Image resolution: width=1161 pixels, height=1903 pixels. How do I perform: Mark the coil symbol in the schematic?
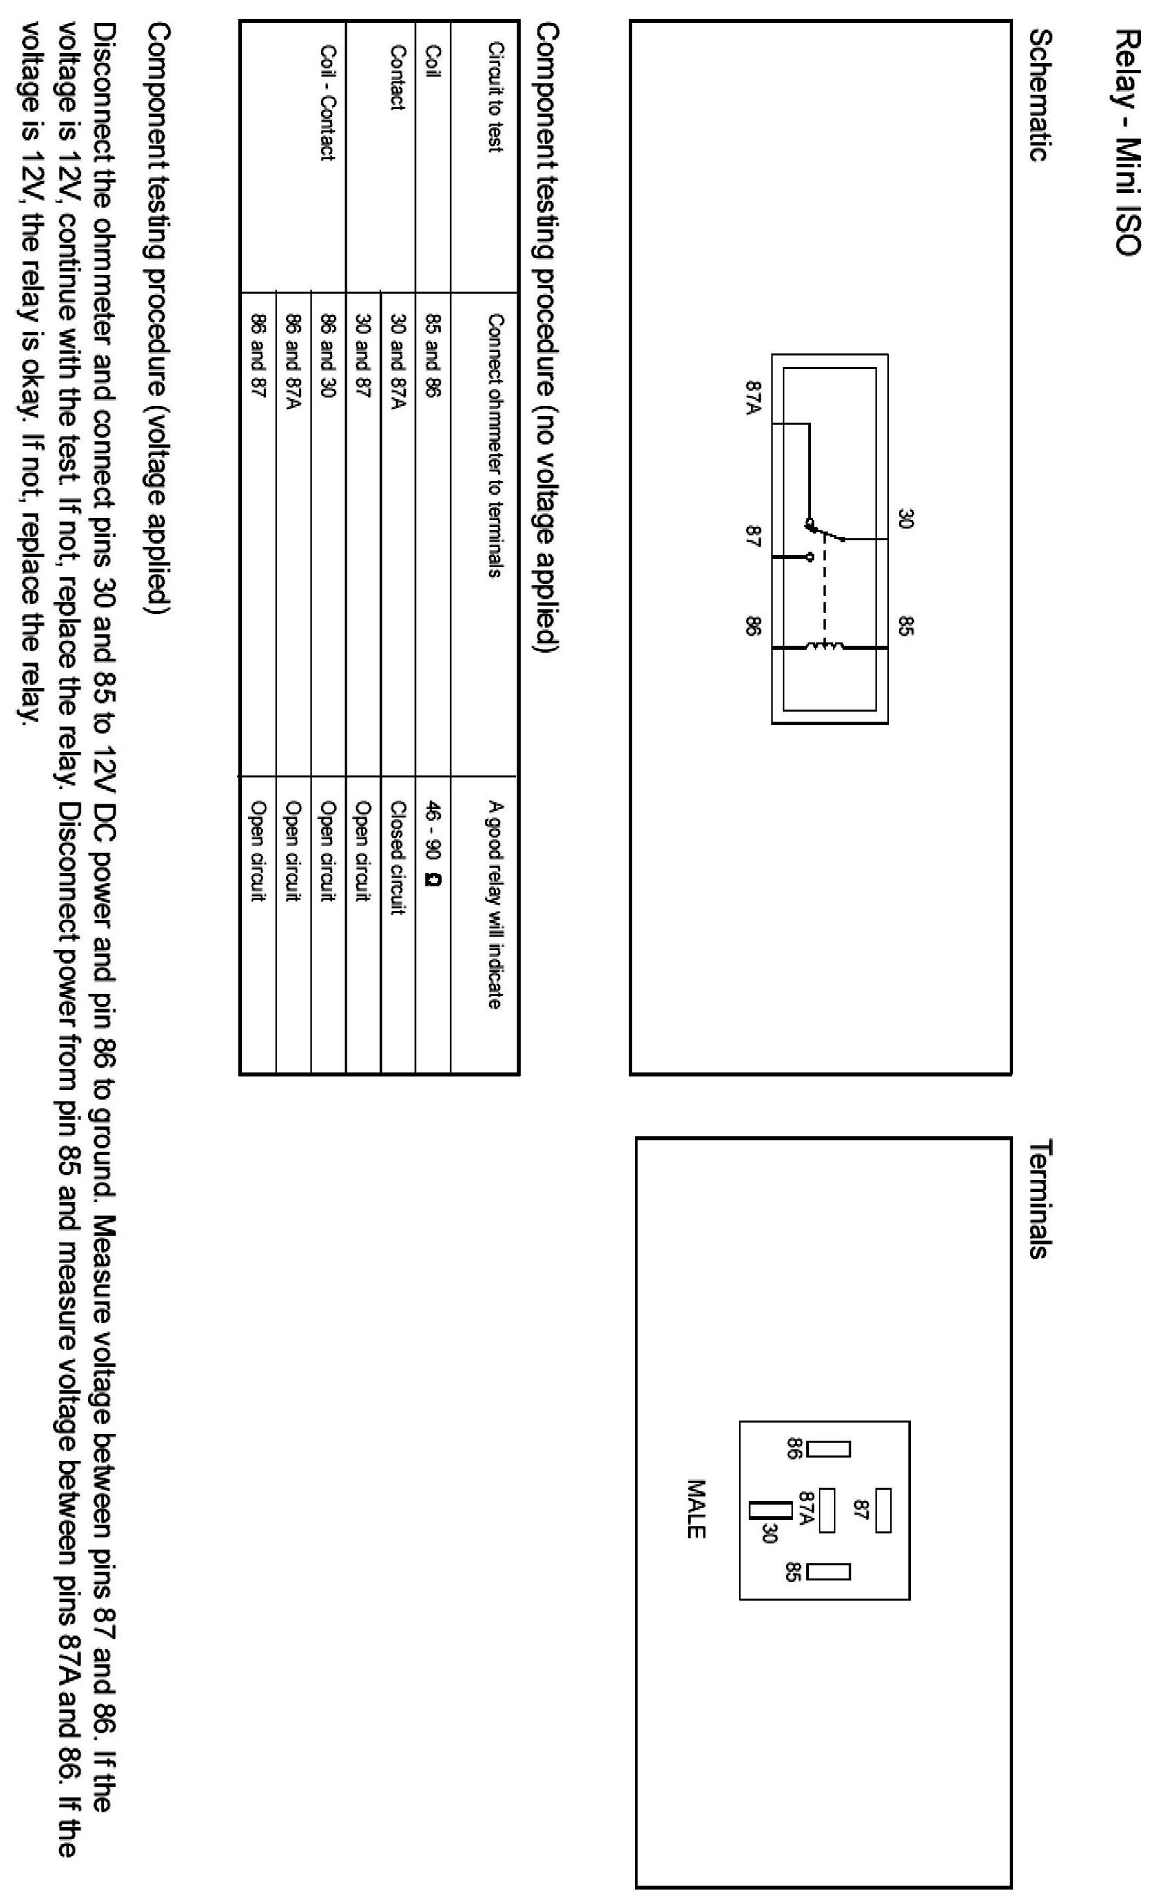point(826,646)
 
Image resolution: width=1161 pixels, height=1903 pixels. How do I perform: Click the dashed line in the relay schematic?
point(825,587)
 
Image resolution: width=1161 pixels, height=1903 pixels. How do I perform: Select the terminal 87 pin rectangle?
point(883,1511)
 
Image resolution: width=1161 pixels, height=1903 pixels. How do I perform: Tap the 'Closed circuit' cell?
point(398,857)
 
